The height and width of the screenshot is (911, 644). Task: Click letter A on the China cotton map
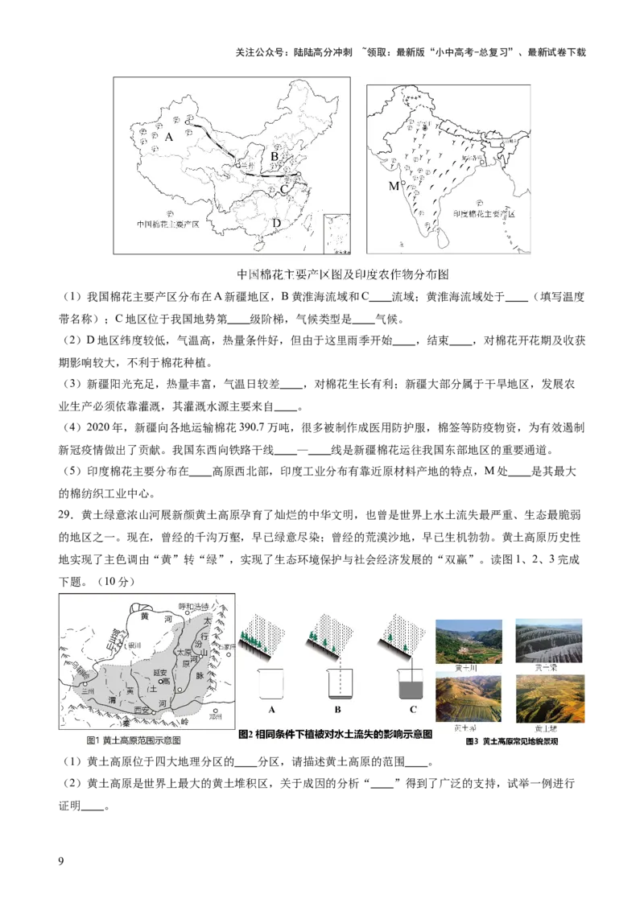pos(169,137)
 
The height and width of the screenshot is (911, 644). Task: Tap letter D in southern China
pos(277,223)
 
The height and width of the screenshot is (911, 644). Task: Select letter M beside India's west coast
pos(393,186)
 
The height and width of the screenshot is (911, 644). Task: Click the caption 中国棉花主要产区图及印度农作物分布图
pos(342,274)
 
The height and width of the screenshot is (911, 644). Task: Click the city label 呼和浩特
pos(193,606)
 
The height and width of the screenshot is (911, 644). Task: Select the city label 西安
pos(142,709)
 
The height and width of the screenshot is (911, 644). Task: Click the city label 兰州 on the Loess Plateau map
pos(78,693)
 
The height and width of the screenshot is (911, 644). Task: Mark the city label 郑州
pos(215,715)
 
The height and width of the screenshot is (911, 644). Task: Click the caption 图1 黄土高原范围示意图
pos(134,740)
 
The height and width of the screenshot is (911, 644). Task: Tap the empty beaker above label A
pos(272,684)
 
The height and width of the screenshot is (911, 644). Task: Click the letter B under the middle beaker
pos(337,710)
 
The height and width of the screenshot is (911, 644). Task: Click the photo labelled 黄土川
pos(468,641)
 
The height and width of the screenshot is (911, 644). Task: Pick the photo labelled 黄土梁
pos(550,641)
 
